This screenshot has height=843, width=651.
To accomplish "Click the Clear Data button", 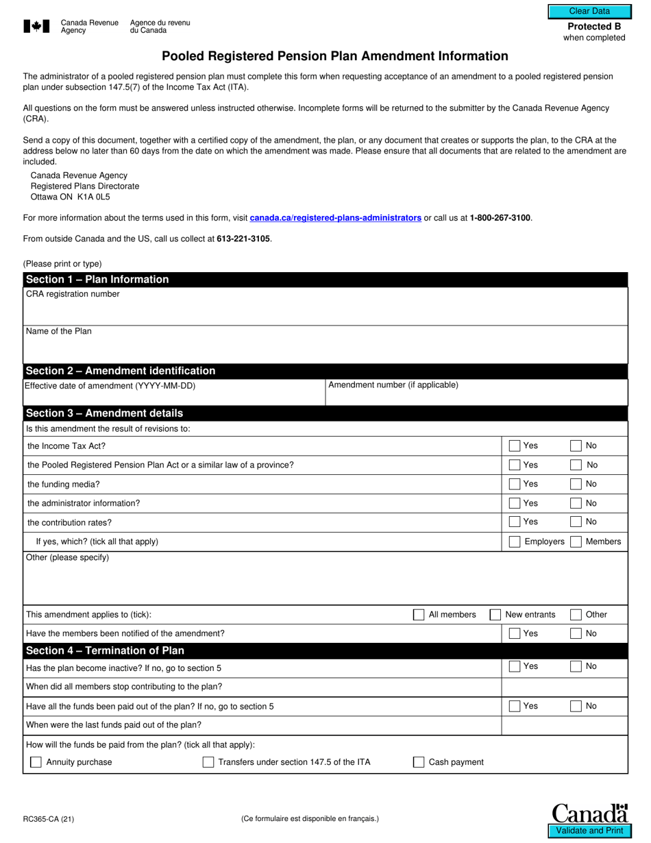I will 589,11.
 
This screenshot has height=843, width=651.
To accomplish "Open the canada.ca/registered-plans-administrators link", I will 335,218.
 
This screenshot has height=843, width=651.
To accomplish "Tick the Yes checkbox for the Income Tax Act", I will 515,446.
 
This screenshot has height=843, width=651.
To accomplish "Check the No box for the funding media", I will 576,485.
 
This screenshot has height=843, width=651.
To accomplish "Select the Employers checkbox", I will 515,542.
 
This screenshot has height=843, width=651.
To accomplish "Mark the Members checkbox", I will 576,542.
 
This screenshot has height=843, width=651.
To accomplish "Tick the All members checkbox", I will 419,615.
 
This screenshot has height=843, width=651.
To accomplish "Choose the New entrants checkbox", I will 495,615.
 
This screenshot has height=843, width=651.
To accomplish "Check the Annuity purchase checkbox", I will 36,762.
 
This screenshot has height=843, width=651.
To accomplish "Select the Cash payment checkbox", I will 419,762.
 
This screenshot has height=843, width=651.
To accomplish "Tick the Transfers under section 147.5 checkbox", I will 208,762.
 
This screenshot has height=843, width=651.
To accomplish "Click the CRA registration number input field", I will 325,311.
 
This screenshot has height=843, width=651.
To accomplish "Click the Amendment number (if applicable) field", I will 476,397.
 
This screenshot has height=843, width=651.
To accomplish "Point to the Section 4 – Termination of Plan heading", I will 105,650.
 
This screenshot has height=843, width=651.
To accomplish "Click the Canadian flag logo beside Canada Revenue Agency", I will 36,27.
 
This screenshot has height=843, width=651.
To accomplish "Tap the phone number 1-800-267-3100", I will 500,218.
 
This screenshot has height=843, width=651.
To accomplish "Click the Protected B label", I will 594,26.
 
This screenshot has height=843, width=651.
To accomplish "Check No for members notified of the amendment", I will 576,634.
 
